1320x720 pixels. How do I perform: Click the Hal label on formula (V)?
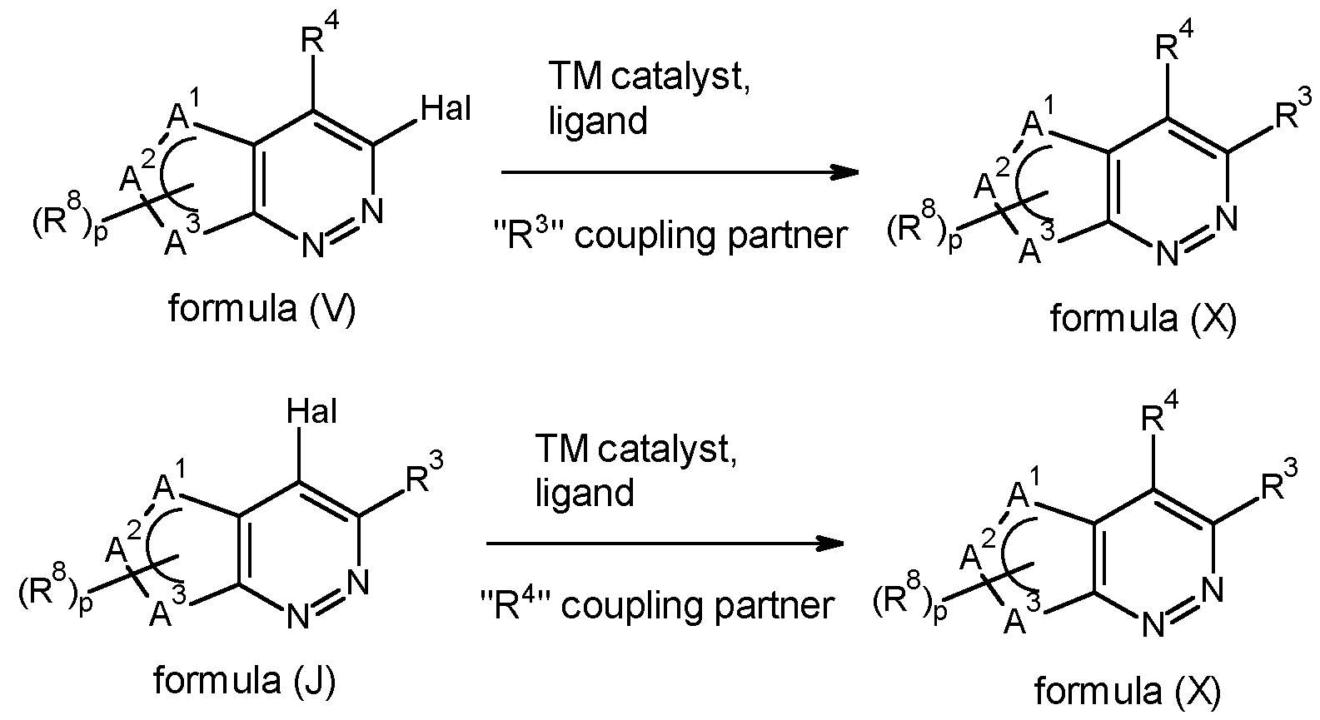[446, 109]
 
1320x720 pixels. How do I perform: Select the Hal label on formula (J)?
[311, 411]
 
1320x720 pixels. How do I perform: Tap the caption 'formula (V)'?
[262, 308]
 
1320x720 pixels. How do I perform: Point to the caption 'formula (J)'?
[245, 681]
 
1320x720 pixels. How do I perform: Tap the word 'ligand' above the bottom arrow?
[585, 493]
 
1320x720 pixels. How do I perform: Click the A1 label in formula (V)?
[185, 112]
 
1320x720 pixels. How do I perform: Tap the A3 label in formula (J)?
[169, 608]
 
